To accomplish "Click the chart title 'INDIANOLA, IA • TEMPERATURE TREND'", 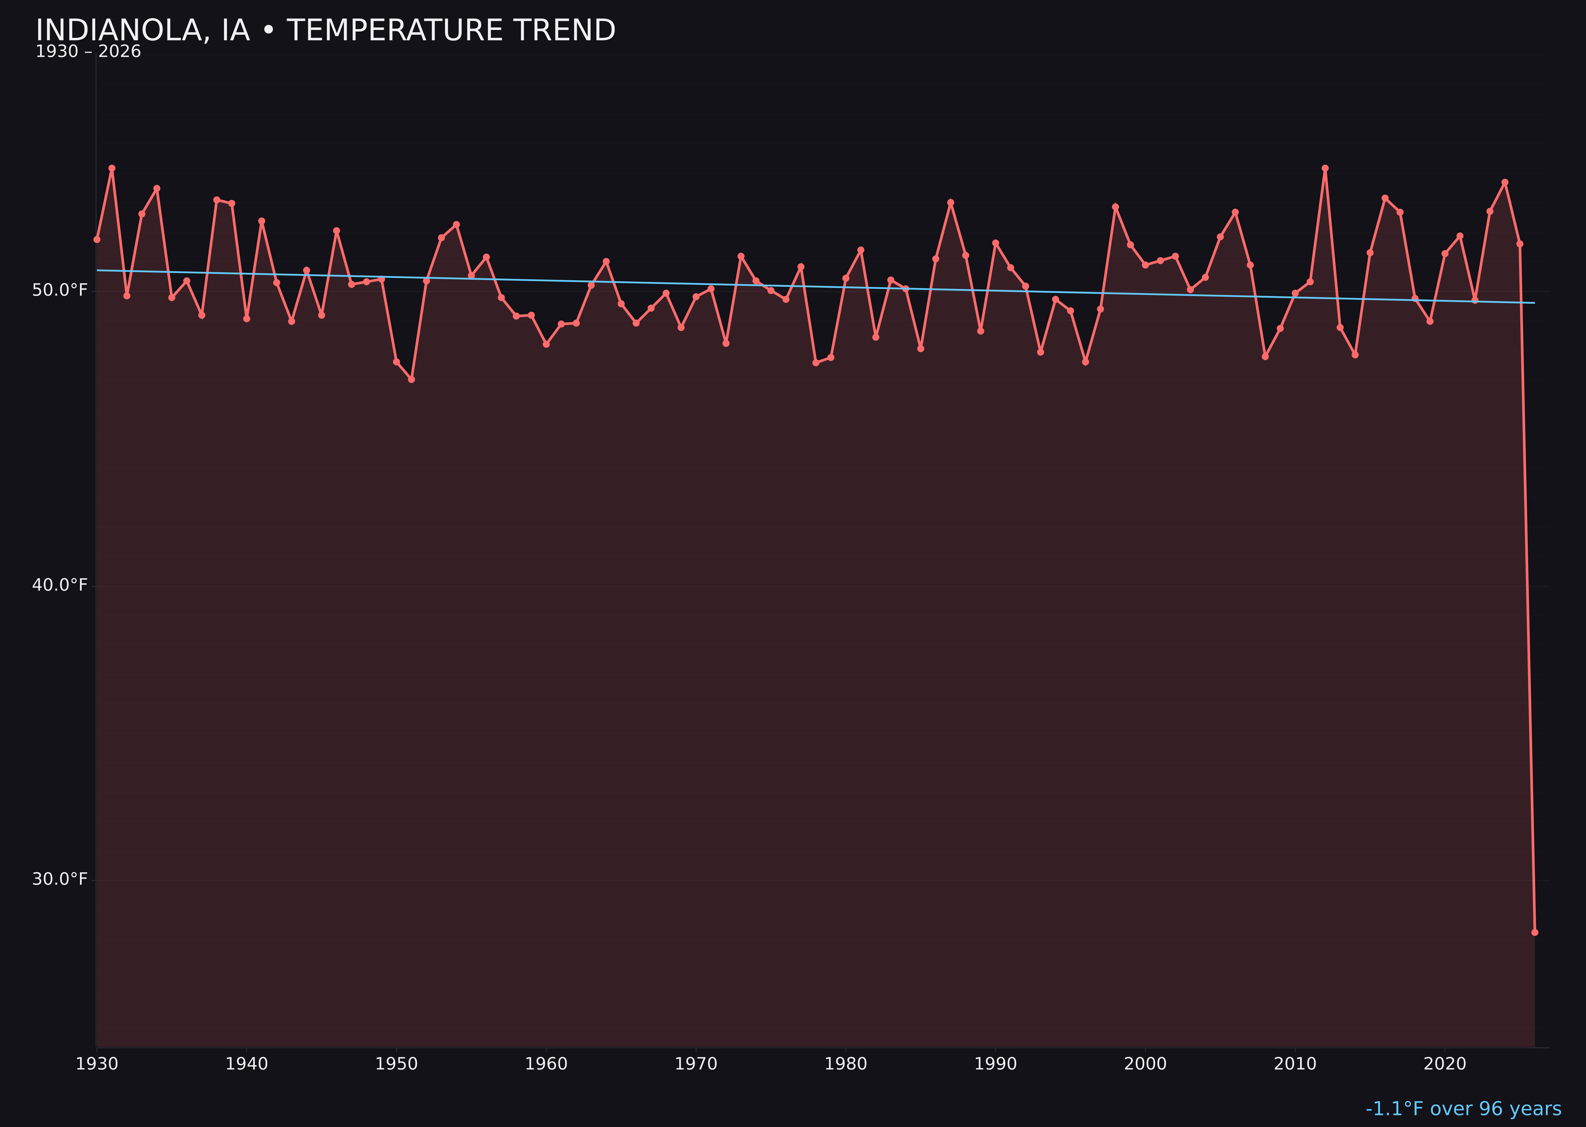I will click(325, 31).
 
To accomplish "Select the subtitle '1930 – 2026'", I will click(88, 52).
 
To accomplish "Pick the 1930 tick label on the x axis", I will click(96, 1064).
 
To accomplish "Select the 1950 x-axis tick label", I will click(396, 1064).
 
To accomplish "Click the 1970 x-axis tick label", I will click(696, 1064).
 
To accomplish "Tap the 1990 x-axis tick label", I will click(995, 1064).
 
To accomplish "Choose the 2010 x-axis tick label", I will click(1295, 1064).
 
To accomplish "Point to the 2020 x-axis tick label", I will click(1444, 1064).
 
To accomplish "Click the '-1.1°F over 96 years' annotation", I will click(1463, 1109).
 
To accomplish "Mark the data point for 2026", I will click(1534, 932).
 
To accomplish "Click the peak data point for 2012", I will click(1325, 168).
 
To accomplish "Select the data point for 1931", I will click(112, 168).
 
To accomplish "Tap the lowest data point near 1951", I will click(411, 380).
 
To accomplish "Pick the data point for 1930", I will click(96, 239).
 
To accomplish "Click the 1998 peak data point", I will click(1115, 207).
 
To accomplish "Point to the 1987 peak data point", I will click(951, 202).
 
